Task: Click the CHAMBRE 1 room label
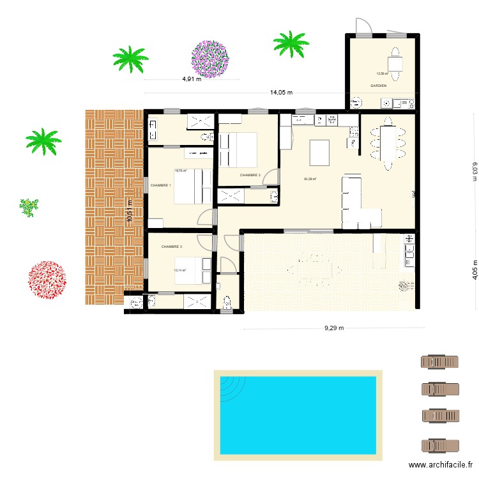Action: [160, 185]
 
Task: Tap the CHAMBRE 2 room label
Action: [250, 175]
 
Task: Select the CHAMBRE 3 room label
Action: [172, 247]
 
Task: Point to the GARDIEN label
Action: [378, 85]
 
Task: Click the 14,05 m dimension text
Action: [281, 92]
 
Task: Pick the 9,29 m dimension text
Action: [333, 328]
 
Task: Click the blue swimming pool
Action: [297, 415]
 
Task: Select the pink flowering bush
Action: [209, 59]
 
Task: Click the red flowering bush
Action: [47, 280]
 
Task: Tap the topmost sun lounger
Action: [439, 362]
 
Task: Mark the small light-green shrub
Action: [28, 207]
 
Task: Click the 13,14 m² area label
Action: [179, 270]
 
